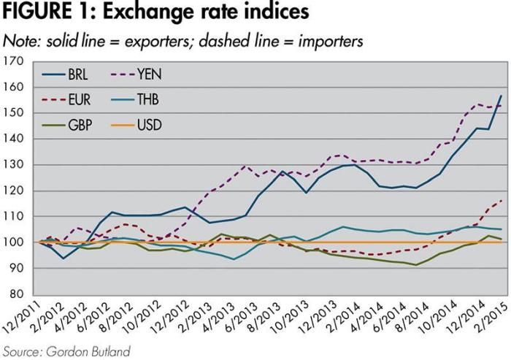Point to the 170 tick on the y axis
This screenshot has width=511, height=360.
coord(14,61)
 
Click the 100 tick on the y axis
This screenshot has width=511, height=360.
coord(14,242)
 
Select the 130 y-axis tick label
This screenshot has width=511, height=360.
coord(14,165)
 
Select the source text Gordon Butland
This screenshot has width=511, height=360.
coord(86,351)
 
